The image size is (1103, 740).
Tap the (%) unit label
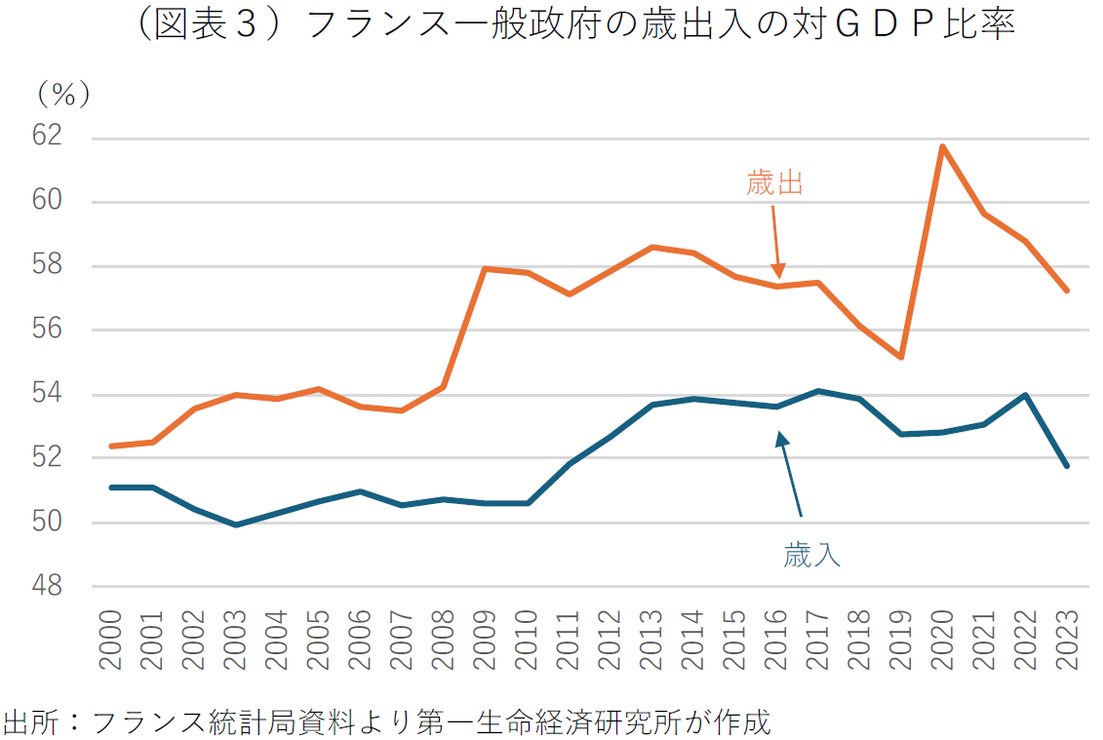63,94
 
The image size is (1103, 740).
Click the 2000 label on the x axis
109,641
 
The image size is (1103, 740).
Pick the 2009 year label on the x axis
485,641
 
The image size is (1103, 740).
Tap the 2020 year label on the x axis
942,641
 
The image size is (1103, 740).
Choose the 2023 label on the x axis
1067,641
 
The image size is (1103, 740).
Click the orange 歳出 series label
774,183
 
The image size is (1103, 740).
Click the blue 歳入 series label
811,556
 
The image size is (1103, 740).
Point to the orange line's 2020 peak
942,146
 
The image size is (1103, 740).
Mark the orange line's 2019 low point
900,357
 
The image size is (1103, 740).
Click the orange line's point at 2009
485,268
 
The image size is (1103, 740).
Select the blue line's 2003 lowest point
235,525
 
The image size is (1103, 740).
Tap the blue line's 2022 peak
1025,395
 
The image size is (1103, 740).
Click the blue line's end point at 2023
1067,466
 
